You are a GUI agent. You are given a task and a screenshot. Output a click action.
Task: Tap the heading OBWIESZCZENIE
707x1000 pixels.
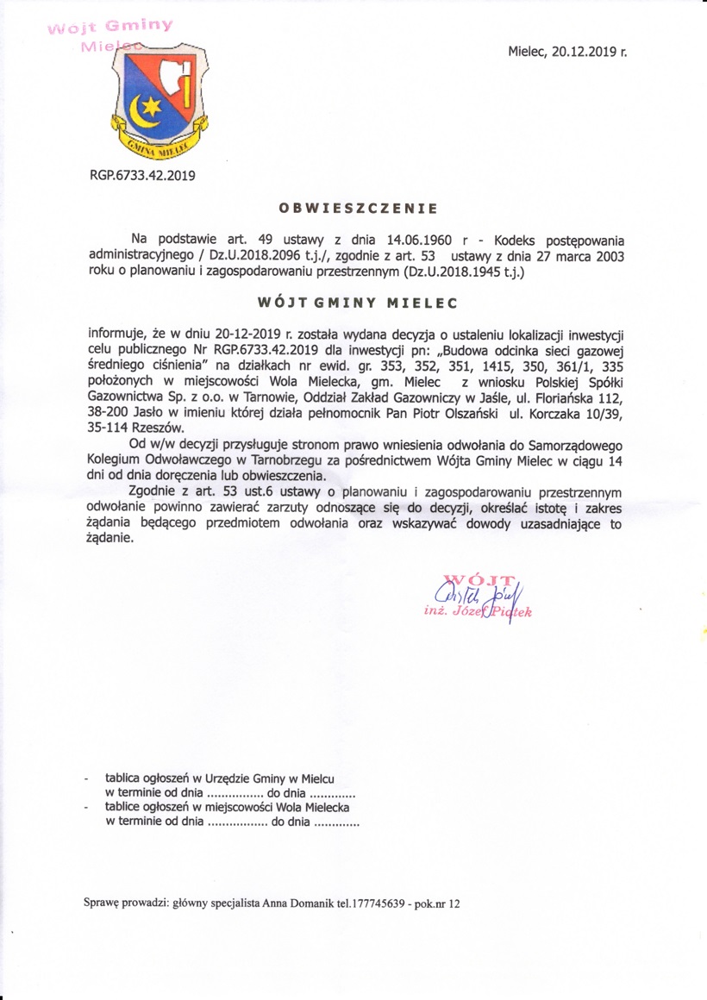click(358, 208)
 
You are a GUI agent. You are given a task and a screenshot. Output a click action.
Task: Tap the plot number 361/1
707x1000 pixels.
click(581, 366)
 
